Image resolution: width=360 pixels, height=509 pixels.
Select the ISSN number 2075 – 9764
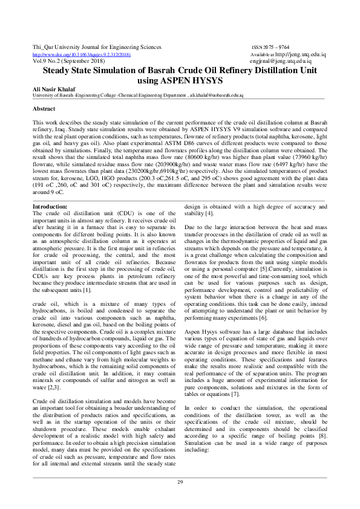[x=270, y=47]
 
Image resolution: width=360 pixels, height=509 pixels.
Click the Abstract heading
[x=44, y=109]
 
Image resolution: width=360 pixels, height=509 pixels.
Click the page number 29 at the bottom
[x=180, y=481]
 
